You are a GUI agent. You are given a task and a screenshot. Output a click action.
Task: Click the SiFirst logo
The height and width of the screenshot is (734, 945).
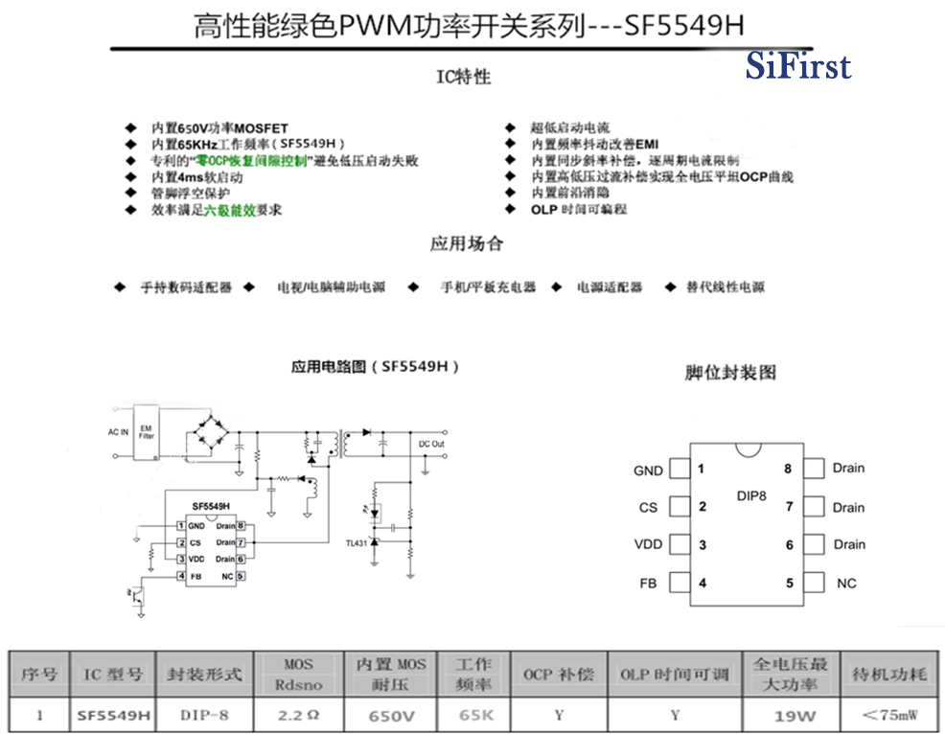797,66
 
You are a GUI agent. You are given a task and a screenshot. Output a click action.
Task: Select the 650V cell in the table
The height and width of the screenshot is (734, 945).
391,716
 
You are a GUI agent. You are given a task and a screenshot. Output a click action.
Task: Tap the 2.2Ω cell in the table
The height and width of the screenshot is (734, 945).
297,715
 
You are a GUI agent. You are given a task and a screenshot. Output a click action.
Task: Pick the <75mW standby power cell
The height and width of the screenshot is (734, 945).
888,715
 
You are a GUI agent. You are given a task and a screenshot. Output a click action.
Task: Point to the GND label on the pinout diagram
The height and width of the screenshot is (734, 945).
648,470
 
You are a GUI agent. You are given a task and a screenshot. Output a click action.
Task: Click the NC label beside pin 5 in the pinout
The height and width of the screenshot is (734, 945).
846,584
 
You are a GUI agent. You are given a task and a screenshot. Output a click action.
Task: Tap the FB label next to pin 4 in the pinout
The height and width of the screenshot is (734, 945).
648,584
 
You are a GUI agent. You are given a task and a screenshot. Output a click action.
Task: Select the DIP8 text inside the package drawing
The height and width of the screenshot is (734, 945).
750,496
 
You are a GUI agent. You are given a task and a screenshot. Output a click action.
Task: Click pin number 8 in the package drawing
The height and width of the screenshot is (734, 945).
788,469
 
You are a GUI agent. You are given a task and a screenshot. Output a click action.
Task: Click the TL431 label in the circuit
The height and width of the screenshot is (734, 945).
356,543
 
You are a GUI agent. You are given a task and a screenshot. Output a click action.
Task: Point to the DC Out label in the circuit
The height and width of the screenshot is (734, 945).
431,444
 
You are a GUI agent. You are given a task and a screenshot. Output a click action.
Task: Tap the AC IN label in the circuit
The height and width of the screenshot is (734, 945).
118,432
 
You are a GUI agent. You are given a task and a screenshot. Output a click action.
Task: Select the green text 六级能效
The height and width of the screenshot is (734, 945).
229,210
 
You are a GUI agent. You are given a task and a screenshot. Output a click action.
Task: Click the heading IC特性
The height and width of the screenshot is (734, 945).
465,78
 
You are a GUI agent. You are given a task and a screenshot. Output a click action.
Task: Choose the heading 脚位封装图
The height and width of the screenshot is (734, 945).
730,373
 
